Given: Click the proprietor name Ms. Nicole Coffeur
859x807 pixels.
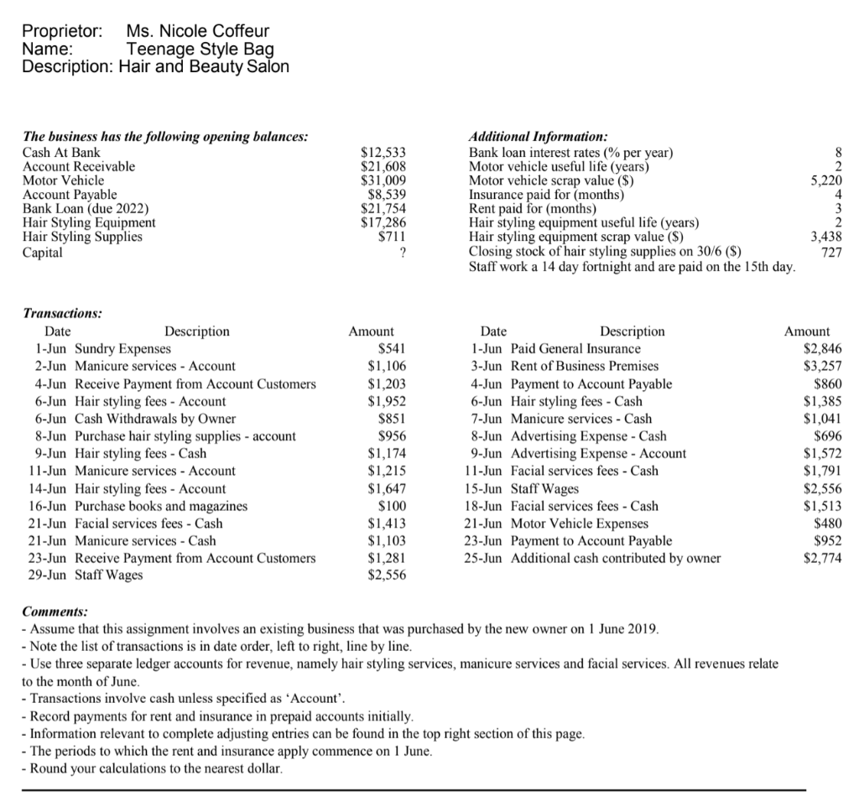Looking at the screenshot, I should click(x=198, y=33).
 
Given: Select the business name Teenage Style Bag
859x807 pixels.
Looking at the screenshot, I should click(x=200, y=49).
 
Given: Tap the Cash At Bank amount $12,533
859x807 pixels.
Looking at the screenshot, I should click(x=383, y=153).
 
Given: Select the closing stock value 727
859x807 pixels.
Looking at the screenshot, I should click(x=830, y=252).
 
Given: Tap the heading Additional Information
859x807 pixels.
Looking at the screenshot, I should click(x=538, y=137).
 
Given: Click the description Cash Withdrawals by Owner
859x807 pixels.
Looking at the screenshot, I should click(x=155, y=419).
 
